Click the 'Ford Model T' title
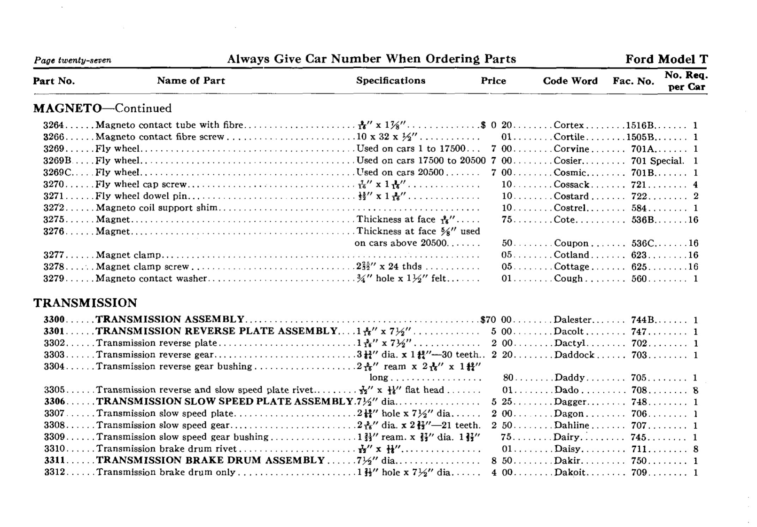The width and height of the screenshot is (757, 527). (666, 59)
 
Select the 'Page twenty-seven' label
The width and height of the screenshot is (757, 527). (72, 61)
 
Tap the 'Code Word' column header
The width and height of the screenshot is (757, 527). (570, 81)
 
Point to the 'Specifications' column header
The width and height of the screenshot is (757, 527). (390, 80)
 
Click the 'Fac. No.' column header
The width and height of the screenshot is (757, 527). (633, 81)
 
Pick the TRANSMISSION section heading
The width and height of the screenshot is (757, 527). (85, 303)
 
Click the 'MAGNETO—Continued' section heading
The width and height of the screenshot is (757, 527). (102, 108)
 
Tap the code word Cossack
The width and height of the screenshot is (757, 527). (571, 185)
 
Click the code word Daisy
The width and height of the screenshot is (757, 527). (568, 449)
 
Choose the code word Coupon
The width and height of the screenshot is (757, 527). (571, 243)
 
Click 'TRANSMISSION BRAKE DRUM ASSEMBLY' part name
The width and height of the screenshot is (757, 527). (211, 460)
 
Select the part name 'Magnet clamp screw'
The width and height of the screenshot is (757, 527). (142, 267)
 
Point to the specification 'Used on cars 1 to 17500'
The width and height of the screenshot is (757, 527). (411, 149)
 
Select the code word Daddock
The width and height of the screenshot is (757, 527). (574, 355)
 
